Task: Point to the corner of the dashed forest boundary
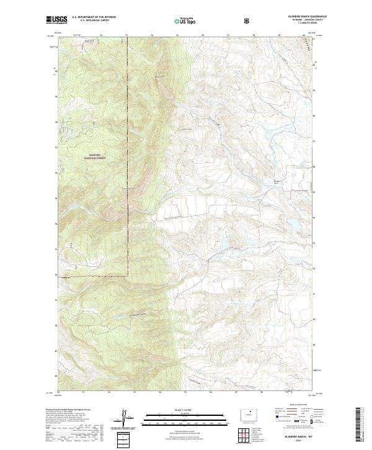click(x=128, y=274)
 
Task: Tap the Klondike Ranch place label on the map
click(x=277, y=181)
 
